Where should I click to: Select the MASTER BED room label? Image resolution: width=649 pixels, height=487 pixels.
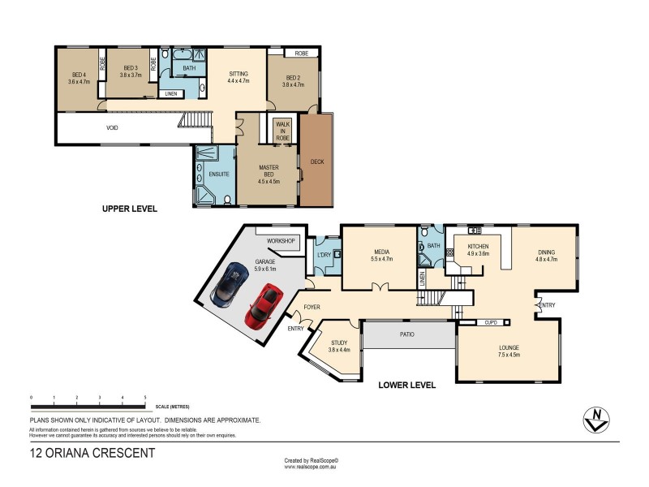269,170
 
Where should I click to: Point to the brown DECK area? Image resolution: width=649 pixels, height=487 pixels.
316,161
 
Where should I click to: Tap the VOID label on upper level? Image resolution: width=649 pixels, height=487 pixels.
112,128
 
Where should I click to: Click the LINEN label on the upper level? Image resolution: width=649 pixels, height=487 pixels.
170,94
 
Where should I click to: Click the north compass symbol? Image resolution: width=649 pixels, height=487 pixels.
598,418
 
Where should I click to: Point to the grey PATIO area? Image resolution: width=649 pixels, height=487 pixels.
407,334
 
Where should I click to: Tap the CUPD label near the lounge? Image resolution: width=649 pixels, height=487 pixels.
491,322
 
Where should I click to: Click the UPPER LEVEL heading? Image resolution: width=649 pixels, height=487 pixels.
129,209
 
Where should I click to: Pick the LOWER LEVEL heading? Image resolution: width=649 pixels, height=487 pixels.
407,385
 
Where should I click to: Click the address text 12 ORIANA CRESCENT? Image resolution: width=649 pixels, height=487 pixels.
91,453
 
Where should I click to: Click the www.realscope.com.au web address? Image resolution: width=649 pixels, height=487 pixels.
311,467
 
